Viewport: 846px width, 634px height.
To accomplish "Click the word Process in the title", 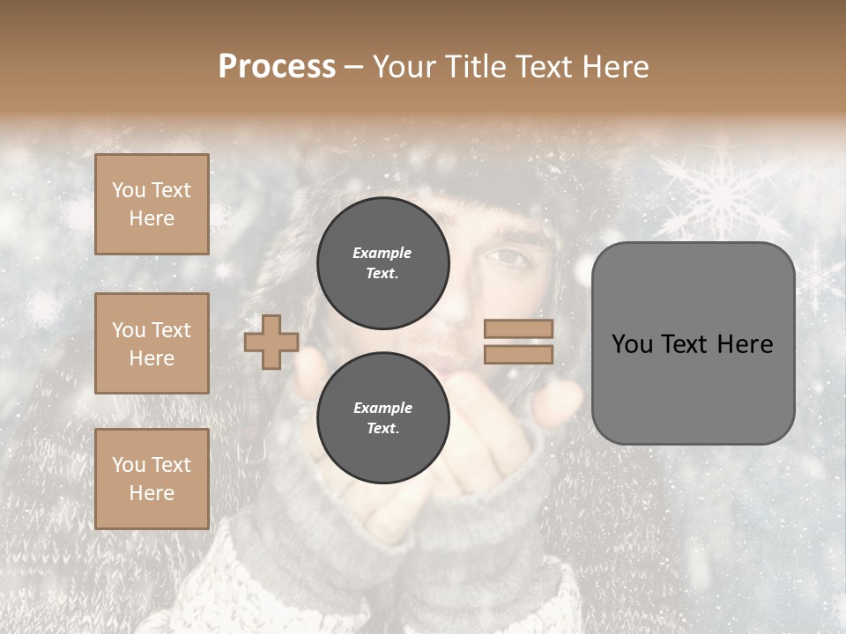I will [x=277, y=67].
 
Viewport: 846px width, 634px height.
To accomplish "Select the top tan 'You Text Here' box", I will [x=152, y=204].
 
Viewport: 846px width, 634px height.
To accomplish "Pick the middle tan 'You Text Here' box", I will [x=152, y=343].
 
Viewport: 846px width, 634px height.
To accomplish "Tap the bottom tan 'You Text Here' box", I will [x=152, y=479].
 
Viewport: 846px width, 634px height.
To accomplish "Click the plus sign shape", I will [x=271, y=342].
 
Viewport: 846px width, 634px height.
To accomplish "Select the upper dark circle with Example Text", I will [x=382, y=263].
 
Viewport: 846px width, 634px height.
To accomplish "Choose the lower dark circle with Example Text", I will [x=382, y=418].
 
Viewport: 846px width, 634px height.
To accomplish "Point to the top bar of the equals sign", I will [x=518, y=329].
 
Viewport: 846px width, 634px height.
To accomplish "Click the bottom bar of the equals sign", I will [x=518, y=354].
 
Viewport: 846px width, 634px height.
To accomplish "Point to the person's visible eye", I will [x=509, y=256].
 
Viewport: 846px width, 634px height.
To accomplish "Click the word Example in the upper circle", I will [x=382, y=253].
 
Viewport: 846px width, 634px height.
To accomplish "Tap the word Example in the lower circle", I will [x=382, y=408].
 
